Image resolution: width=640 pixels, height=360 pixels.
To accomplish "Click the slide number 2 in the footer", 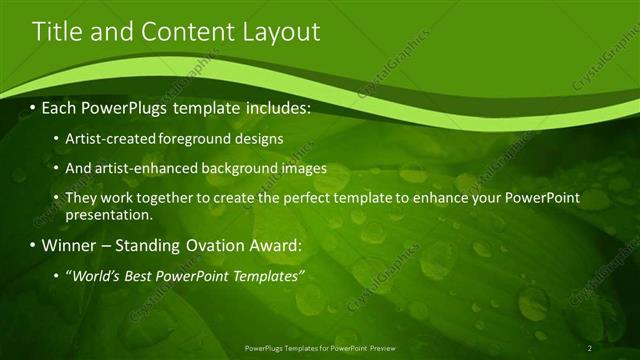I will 590,347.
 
